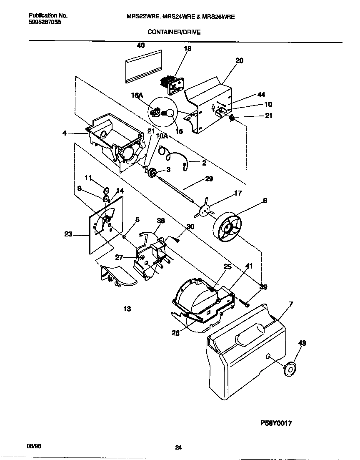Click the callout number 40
(141, 45)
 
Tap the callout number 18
(187, 49)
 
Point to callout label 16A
(137, 96)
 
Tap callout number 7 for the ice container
(291, 304)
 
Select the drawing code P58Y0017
(275, 423)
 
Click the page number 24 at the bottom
(178, 448)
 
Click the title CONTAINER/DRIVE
(174, 32)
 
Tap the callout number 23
(68, 234)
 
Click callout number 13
(127, 309)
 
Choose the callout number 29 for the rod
(209, 179)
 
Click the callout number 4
(65, 133)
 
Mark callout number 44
(261, 95)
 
